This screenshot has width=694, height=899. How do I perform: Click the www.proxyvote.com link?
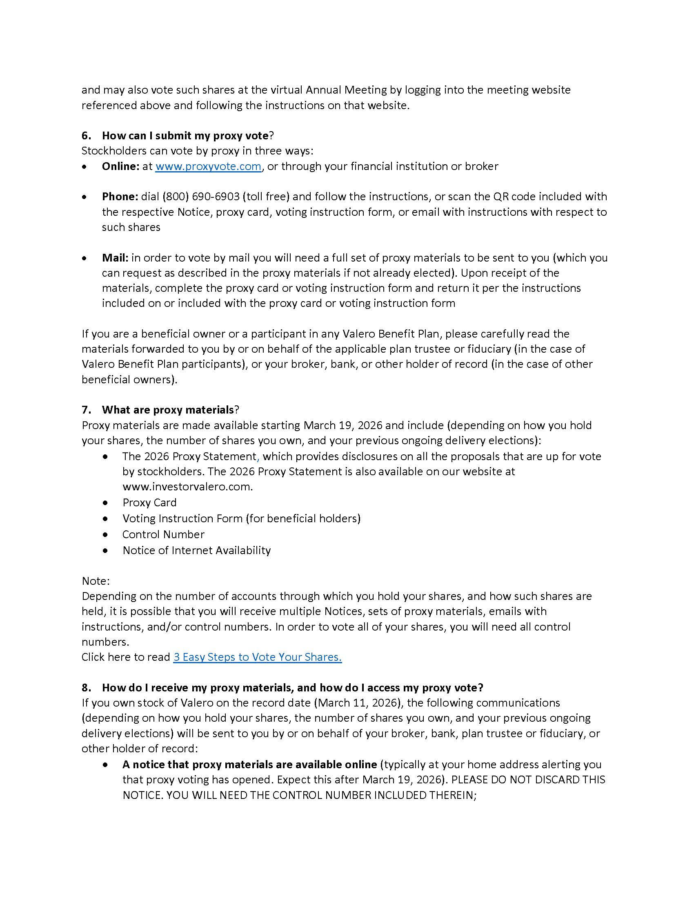tap(208, 166)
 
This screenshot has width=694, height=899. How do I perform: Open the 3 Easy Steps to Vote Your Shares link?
tap(257, 657)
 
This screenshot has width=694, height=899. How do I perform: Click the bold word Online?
tap(121, 166)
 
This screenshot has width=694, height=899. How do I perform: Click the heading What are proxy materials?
tap(168, 409)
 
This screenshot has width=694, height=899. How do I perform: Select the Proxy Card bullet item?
tap(149, 503)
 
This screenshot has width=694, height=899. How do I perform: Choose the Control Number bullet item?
tap(163, 534)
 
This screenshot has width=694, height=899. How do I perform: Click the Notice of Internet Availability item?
tap(196, 550)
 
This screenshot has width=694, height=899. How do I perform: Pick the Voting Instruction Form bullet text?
tap(241, 518)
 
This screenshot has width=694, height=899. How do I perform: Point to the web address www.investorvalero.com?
tap(187, 487)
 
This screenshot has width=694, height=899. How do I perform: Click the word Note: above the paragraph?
tap(96, 581)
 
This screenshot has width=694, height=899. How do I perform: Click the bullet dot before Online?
tap(84, 167)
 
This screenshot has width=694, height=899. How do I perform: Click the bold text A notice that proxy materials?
tap(249, 765)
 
